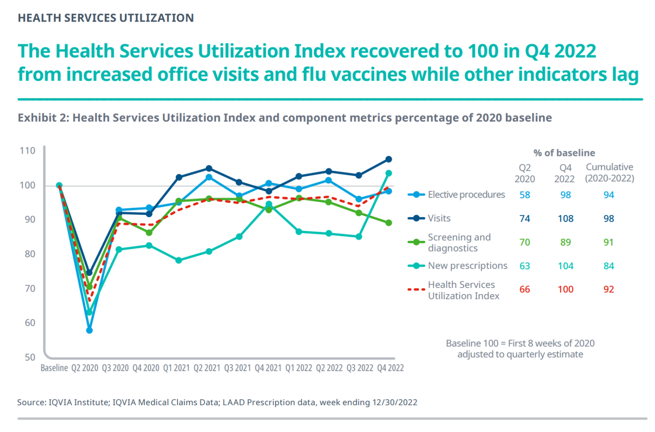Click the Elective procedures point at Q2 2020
tap(89, 330)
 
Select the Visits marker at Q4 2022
tap(388, 159)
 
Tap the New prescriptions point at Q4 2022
tap(388, 173)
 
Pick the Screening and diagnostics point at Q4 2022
tap(388, 223)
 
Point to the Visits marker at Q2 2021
tap(209, 169)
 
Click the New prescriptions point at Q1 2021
tap(179, 260)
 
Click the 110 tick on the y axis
tap(27, 151)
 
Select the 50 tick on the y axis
tap(30, 357)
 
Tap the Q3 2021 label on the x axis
tap(238, 368)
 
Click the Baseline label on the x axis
tap(54, 368)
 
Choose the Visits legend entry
tap(439, 219)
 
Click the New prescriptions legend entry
tap(467, 266)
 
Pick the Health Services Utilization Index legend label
tap(463, 290)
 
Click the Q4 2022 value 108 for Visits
tap(565, 219)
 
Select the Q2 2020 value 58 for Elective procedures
tap(525, 195)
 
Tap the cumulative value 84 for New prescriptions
tap(609, 266)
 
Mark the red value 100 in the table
tap(565, 290)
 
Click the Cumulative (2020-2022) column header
tap(609, 173)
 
